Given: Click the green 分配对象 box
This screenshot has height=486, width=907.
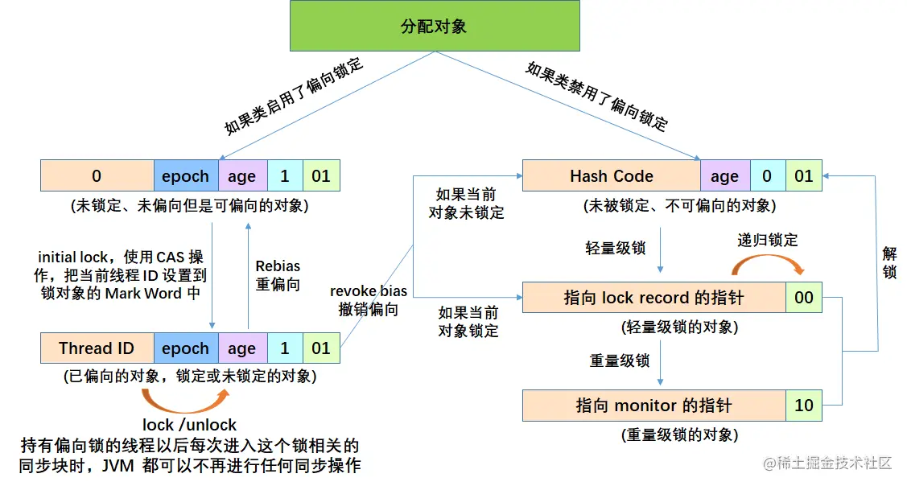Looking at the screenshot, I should point(434,27).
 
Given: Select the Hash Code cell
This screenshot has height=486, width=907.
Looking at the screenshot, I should point(611,176).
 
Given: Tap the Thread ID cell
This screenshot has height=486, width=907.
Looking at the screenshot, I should point(97,348).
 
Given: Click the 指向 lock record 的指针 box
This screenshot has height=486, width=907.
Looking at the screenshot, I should point(653,298).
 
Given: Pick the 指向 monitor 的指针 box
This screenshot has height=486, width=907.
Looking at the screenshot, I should point(653,406).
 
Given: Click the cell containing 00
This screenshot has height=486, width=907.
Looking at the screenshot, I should point(804,298).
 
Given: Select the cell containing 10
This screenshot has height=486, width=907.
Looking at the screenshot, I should point(804,406).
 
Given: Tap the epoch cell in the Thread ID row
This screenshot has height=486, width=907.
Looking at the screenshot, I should point(185,348).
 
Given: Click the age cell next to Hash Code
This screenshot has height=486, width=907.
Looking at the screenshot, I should point(724,176).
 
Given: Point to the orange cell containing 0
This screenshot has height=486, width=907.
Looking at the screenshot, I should point(97,176).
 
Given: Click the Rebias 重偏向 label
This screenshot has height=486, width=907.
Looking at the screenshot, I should point(278,275).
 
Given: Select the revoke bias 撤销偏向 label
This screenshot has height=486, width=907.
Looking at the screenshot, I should point(369,300).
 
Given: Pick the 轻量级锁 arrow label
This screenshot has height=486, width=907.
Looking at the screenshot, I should point(616,248).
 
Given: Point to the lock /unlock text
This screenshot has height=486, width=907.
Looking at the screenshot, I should point(190,425).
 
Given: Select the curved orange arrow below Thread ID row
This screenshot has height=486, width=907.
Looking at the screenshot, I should point(183,398).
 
